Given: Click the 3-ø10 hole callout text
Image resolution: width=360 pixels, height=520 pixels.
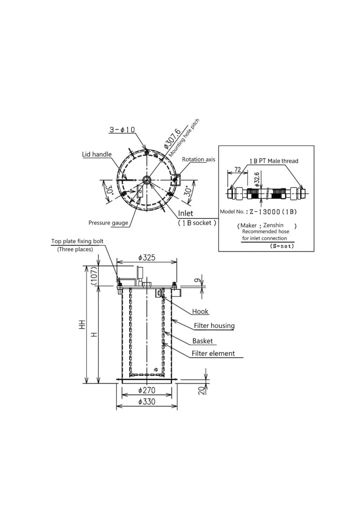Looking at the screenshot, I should pos(123,130).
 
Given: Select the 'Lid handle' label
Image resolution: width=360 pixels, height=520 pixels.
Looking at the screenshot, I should pos(97,154).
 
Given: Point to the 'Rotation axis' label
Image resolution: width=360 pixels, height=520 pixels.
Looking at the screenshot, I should pos(198,159).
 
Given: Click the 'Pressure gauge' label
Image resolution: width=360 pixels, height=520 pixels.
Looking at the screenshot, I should pos(108,223).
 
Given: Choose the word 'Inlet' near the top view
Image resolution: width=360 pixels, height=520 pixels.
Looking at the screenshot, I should pos(185,213).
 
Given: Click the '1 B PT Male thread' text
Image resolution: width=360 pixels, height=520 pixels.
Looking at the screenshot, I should pos(274,161).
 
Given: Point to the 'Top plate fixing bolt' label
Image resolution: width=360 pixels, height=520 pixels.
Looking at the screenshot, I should pos(78,241).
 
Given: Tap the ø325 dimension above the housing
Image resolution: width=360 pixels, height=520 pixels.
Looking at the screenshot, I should pos(146,257).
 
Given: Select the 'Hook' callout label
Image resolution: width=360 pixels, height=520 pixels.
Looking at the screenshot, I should pos(200,311).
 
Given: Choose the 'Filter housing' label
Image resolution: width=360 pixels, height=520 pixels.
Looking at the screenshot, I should pos(214,325).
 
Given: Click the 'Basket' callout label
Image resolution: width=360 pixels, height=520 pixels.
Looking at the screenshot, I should pos(202,341).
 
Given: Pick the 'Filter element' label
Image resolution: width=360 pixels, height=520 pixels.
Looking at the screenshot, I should pos(213,353).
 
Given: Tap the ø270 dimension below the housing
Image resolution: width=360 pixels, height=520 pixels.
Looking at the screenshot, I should pos(146,390).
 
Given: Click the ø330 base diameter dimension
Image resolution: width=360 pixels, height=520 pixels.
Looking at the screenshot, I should pos(146,402).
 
